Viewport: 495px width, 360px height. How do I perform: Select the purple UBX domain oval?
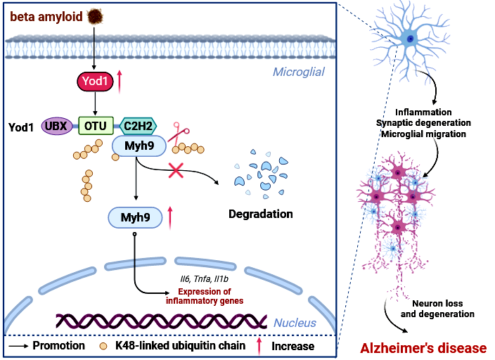pos(60,126)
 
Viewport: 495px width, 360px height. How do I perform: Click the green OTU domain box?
pos(96,126)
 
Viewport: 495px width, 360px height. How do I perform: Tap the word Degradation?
pos(261,213)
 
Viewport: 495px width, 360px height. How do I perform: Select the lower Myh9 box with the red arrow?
pos(134,217)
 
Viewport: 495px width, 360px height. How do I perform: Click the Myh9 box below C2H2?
pos(139,146)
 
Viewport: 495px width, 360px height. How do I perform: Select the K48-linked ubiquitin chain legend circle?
pos(103,346)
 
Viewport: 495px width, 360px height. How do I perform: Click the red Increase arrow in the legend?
pos(259,346)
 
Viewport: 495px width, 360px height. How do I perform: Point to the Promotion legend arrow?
pos(22,346)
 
